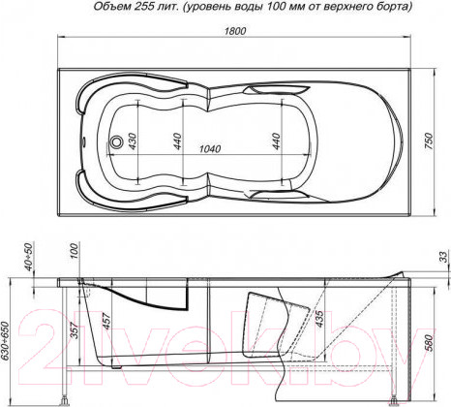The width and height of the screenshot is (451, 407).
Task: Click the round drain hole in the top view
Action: coord(118,144)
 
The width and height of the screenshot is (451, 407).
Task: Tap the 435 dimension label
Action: coord(317,317)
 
